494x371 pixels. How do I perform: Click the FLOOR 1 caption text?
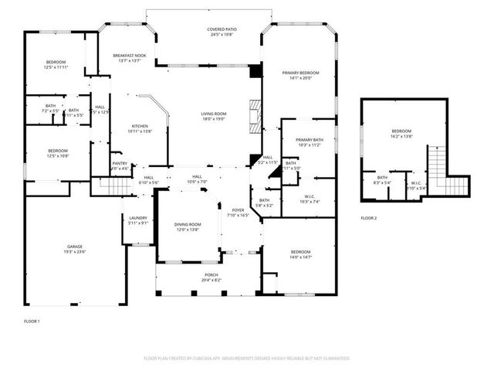click(32, 320)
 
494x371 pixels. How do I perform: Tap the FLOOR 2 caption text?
click(369, 219)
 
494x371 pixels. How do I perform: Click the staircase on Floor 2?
click(438, 164)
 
